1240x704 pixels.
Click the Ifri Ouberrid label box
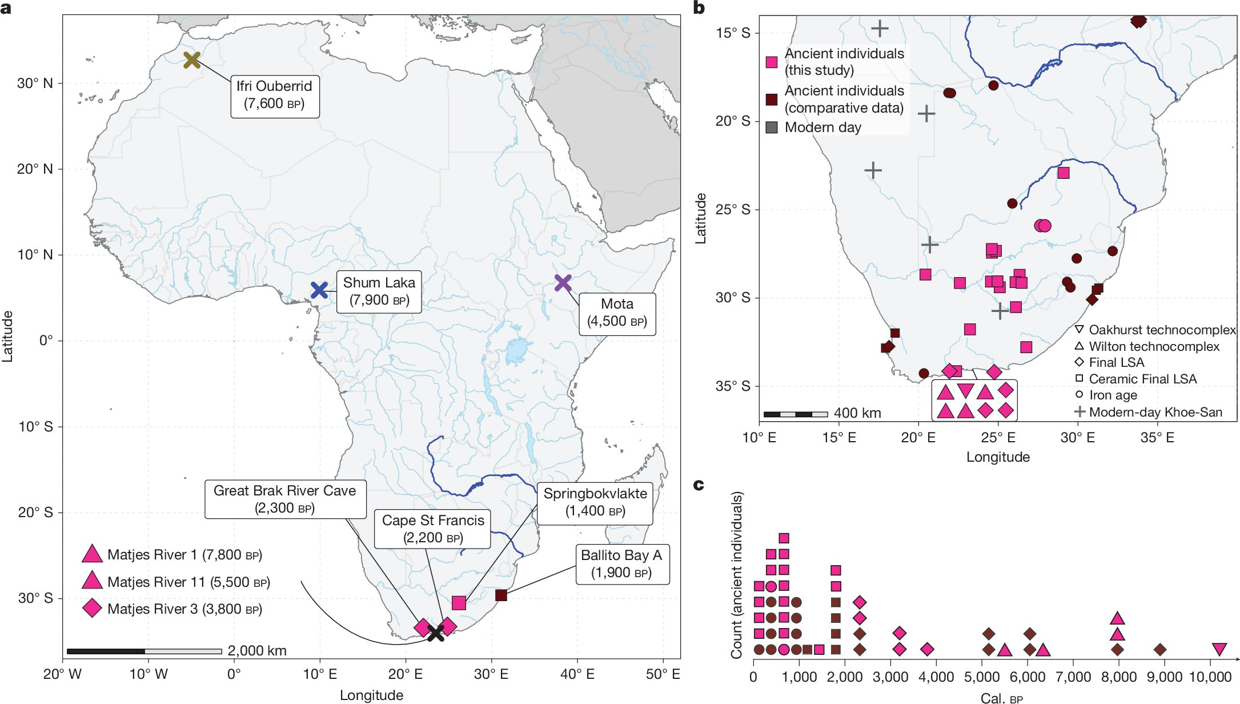tap(275, 95)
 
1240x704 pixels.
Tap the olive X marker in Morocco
tap(192, 59)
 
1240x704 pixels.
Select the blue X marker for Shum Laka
tap(319, 290)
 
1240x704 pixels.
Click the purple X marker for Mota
tap(563, 282)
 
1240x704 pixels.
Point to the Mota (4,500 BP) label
tap(617, 313)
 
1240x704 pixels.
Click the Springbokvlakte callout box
tap(595, 503)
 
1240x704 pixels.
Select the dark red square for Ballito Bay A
tap(501, 595)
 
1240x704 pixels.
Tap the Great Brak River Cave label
tap(284, 499)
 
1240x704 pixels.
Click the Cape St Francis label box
tap(432, 529)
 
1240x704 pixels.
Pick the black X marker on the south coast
tap(436, 633)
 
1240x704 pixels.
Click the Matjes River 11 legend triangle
tap(92, 581)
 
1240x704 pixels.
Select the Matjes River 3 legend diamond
tap(92, 608)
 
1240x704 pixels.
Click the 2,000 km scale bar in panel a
tap(144, 651)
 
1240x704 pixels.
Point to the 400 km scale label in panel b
tap(857, 413)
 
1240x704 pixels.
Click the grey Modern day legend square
tap(771, 127)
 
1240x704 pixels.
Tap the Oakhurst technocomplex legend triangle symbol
tap(1079, 330)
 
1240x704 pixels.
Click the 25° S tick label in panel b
tap(732, 210)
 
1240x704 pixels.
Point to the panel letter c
tap(698, 485)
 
